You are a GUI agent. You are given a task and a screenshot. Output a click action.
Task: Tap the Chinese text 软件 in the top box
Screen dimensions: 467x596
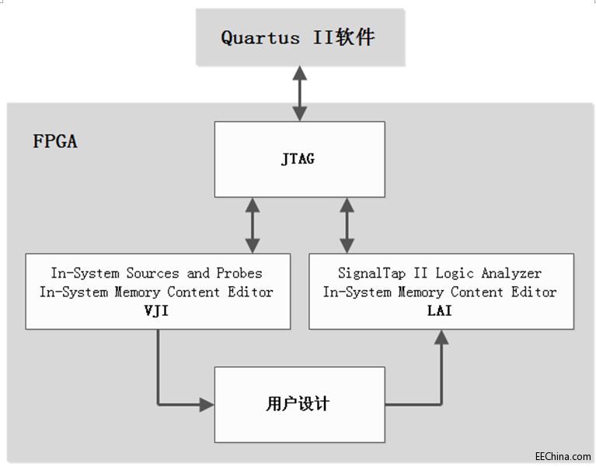pos(355,36)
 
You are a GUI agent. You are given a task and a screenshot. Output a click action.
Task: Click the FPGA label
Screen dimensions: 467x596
pos(55,142)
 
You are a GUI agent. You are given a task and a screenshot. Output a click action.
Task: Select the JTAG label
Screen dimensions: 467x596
pos(299,160)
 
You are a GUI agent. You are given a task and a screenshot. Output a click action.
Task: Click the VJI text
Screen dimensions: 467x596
pos(157,311)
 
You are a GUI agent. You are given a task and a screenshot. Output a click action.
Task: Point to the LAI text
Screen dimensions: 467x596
pos(440,311)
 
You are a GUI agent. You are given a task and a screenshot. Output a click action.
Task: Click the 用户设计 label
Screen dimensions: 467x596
pos(298,404)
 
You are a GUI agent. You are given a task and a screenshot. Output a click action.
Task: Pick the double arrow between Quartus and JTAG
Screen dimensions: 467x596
pos(298,93)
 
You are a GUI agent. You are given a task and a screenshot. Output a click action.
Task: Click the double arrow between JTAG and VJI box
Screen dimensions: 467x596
pos(252,225)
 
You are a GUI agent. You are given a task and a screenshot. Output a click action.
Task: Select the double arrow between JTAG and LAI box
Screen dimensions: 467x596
pos(347,225)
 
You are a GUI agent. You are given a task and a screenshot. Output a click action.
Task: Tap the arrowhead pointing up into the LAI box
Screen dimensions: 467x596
pos(441,337)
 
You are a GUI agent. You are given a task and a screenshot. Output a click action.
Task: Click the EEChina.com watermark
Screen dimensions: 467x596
pos(563,457)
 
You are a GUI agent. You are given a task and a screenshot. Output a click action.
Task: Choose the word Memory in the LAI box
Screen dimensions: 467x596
pos(423,292)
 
